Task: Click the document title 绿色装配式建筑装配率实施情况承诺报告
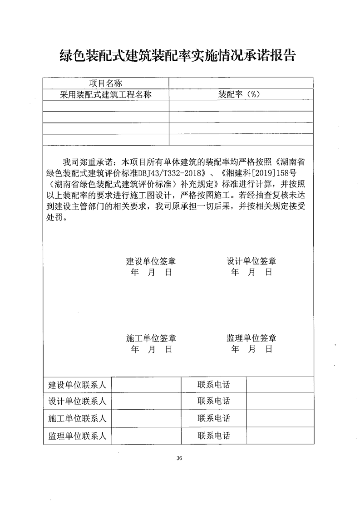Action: [178, 56]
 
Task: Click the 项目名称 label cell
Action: [105, 83]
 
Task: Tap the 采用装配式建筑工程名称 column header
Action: [105, 94]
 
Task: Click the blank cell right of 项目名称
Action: [241, 83]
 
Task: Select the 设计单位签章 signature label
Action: [252, 261]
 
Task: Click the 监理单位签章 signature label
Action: [252, 338]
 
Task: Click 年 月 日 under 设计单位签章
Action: [252, 272]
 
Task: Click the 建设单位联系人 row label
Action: [77, 385]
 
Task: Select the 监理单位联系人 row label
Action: [77, 436]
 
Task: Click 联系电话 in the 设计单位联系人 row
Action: [213, 401]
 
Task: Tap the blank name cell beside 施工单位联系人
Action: [146, 418]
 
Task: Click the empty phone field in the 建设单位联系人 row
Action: [280, 385]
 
